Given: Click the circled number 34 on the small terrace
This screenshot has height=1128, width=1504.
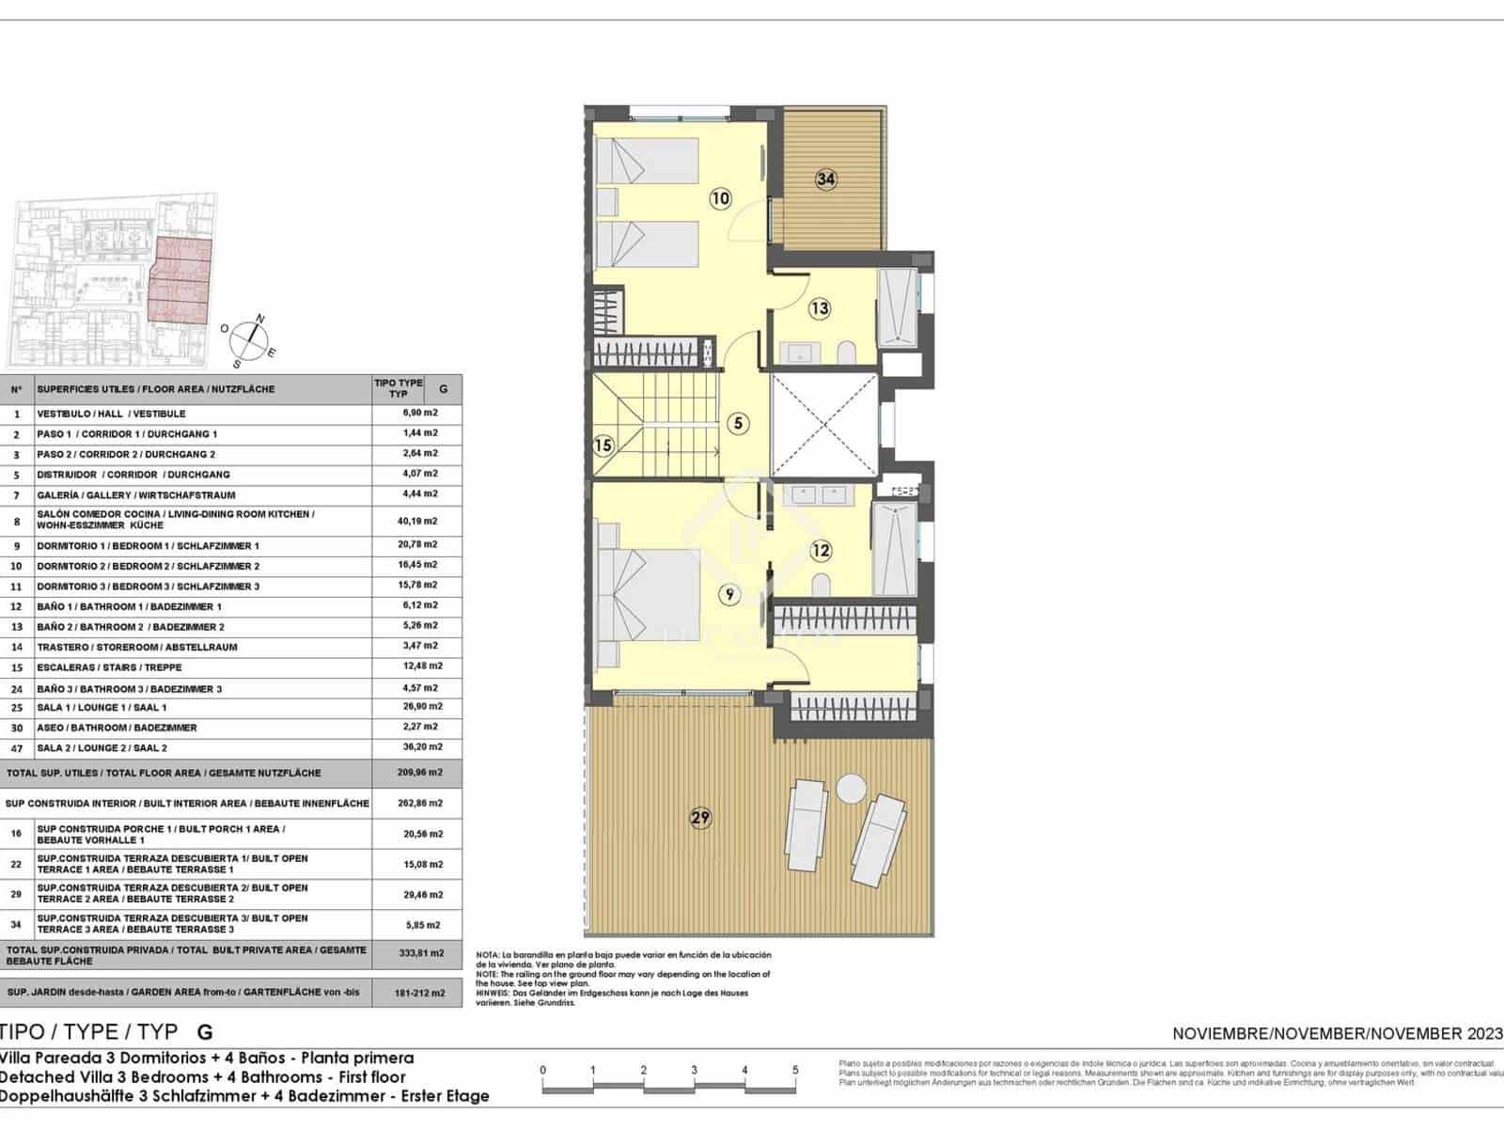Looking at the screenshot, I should pyautogui.click(x=826, y=179).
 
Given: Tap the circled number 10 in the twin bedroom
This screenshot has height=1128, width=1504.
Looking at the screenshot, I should pyautogui.click(x=720, y=198).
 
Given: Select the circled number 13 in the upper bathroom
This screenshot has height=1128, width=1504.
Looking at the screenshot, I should pyautogui.click(x=820, y=307).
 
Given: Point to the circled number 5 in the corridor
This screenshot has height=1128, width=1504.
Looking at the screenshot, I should pyautogui.click(x=739, y=423).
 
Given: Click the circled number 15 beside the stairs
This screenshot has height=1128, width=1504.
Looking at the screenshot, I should pyautogui.click(x=603, y=446).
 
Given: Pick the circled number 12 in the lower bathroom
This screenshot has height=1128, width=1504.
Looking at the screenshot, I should pyautogui.click(x=821, y=550).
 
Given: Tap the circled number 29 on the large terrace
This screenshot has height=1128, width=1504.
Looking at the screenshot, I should pyautogui.click(x=700, y=818).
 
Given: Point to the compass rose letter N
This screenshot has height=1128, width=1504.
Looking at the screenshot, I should pyautogui.click(x=260, y=319).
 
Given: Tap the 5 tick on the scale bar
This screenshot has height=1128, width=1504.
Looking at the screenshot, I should pyautogui.click(x=795, y=1070).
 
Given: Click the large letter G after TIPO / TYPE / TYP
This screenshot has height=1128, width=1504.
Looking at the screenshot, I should pyautogui.click(x=204, y=1032).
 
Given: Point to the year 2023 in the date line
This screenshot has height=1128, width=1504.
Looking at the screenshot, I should pyautogui.click(x=1476, y=1034).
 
